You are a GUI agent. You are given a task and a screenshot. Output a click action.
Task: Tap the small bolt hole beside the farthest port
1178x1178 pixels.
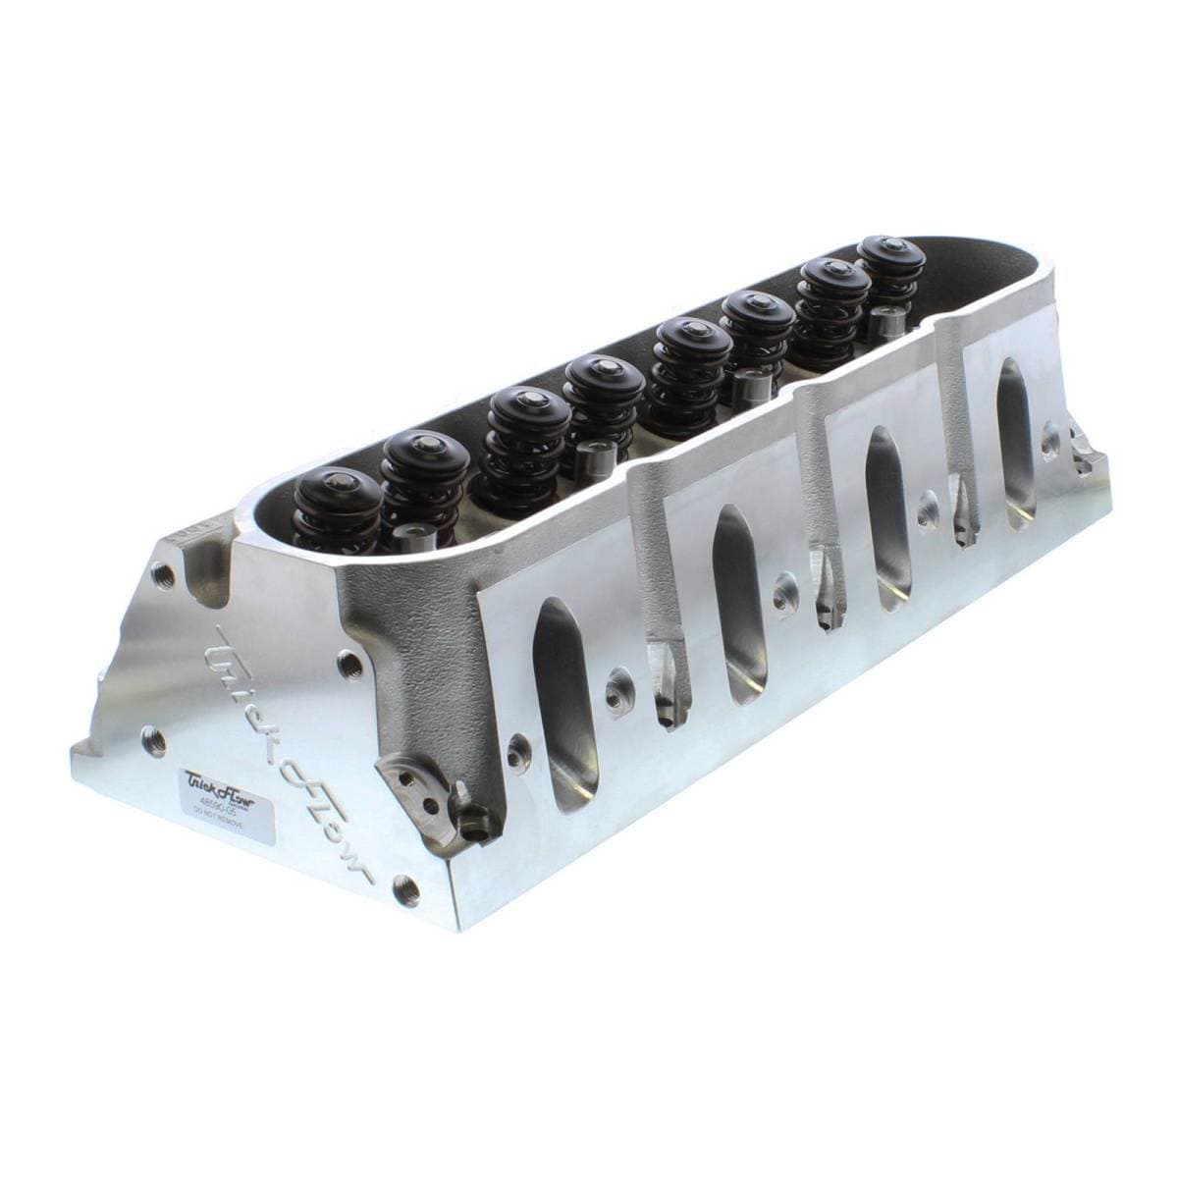1051,431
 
